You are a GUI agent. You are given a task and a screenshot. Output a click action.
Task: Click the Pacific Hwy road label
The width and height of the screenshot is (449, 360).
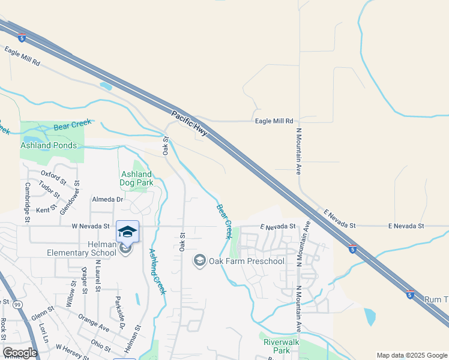point(189,124)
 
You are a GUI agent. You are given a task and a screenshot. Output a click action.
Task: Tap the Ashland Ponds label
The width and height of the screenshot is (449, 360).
point(49,145)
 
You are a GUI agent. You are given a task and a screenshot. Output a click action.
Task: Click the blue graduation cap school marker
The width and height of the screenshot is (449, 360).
point(127,232)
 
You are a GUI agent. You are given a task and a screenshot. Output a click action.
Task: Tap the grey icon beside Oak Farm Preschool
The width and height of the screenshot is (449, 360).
point(199,261)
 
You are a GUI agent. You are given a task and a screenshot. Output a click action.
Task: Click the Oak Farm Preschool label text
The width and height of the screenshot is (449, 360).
point(246,261)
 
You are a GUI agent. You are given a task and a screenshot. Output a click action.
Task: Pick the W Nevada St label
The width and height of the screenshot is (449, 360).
point(91,227)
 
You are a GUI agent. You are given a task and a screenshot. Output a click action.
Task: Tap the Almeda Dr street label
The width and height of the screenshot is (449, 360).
point(107,199)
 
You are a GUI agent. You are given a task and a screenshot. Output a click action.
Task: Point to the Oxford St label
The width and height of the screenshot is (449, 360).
point(53,178)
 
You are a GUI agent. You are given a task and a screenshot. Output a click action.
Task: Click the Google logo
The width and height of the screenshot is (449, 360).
point(20,352)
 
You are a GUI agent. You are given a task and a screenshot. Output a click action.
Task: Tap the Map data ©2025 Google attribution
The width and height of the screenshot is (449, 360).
point(412,355)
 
